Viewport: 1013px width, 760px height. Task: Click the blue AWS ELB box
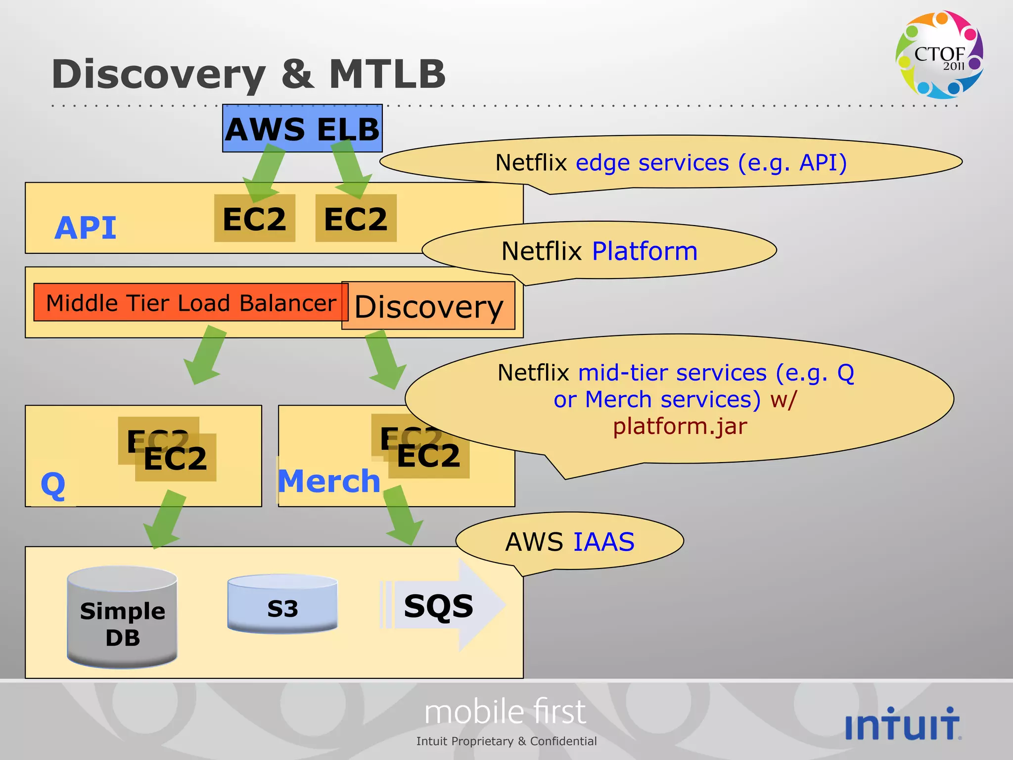tap(302, 128)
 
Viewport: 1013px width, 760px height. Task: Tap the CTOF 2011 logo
tap(939, 55)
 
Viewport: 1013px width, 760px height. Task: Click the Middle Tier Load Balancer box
tap(190, 303)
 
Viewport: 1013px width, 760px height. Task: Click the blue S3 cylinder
tap(282, 605)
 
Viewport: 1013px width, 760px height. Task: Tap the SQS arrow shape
tap(440, 606)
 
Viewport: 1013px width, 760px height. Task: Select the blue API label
tap(86, 228)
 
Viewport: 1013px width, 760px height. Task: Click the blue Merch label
tap(329, 481)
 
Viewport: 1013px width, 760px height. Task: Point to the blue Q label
tap(53, 485)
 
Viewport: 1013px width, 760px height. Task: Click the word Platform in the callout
tap(645, 251)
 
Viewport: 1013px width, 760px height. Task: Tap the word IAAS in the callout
tap(604, 542)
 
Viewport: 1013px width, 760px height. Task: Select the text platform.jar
tap(680, 426)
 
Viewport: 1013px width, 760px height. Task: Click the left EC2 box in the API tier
tap(254, 219)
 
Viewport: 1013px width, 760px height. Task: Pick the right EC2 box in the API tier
tap(356, 219)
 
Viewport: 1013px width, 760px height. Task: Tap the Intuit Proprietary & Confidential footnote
tap(506, 741)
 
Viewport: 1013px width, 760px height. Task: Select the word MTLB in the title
tap(387, 74)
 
